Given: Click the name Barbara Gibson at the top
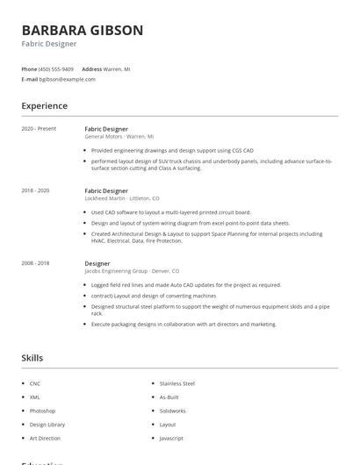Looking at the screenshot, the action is tap(83, 30).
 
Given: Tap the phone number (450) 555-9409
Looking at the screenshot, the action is tap(56, 68).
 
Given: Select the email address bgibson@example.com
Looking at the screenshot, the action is tap(68, 79).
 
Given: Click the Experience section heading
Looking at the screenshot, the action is tap(45, 106).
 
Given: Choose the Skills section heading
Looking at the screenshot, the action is tap(32, 358).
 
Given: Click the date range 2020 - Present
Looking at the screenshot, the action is tap(39, 129).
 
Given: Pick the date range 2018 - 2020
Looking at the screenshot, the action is tap(36, 190).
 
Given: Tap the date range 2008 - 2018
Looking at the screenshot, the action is tap(36, 263).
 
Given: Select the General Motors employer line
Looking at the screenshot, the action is tap(119, 137).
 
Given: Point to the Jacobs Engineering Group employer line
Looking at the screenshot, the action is tap(132, 271).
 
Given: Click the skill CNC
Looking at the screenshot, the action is tap(35, 383).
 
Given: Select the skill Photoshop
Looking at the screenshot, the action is tap(42, 411).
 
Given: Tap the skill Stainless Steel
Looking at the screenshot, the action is tap(176, 383).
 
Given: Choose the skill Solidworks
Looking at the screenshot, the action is tap(172, 411).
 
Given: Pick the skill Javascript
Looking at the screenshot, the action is tap(171, 438).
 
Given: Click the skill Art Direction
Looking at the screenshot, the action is tap(45, 438).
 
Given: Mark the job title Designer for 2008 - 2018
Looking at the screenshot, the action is tap(97, 263).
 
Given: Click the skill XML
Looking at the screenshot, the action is tap(35, 397).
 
